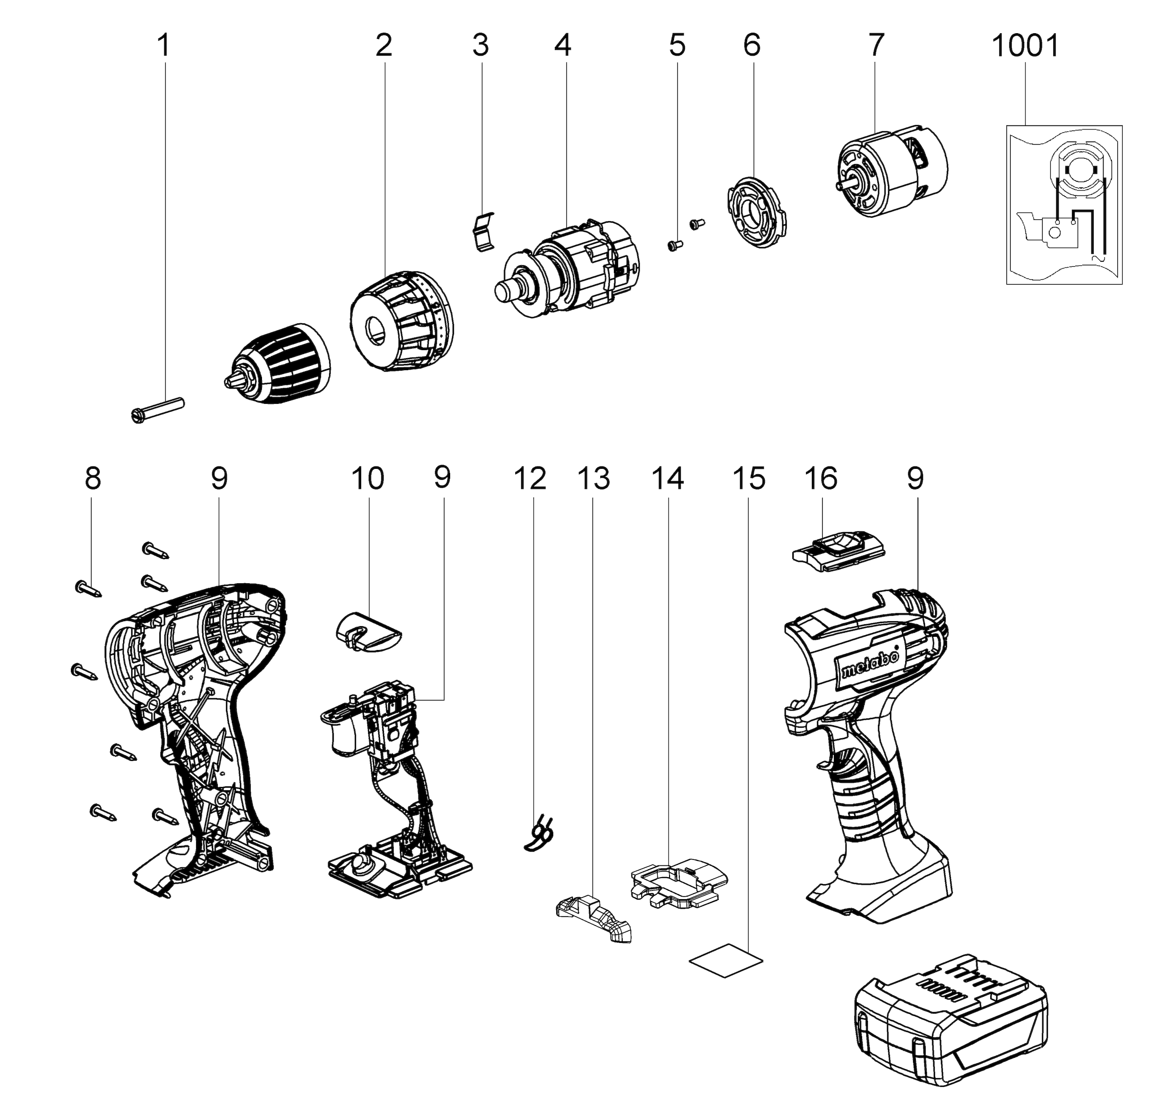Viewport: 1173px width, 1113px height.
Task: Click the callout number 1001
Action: [1025, 46]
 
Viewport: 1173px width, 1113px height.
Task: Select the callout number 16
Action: [821, 478]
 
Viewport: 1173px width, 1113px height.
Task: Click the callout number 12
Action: [529, 478]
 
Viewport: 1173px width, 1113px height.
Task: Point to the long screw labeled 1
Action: [157, 409]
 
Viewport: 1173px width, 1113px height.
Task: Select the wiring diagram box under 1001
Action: [1064, 205]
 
